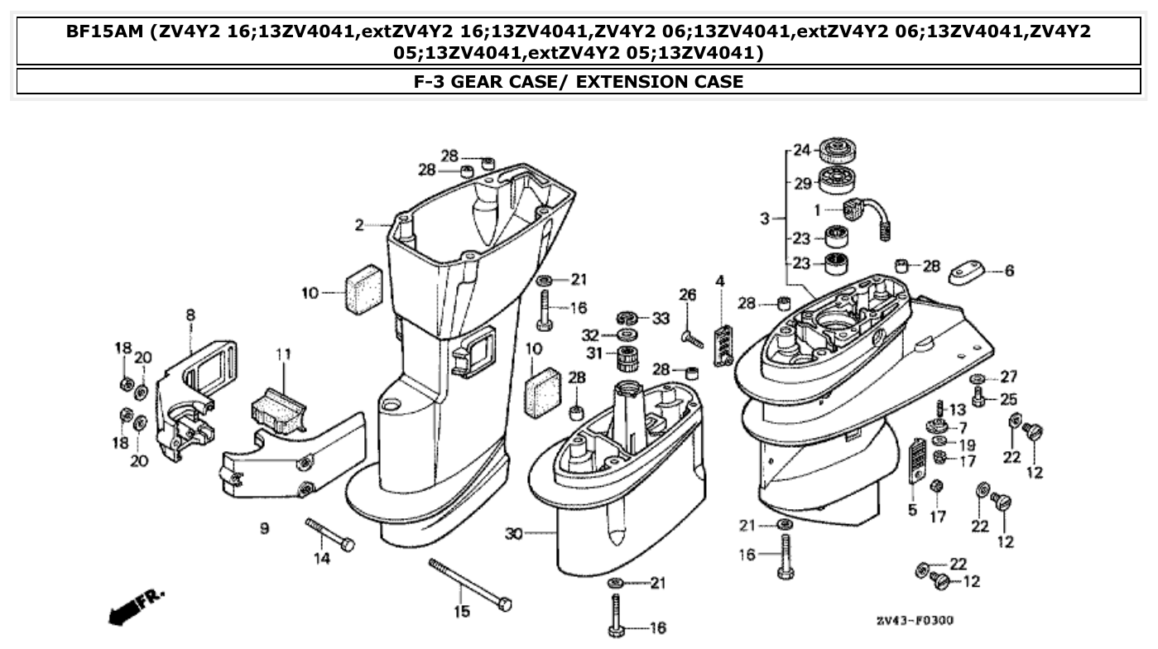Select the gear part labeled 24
click(835, 151)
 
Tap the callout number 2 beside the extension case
click(359, 224)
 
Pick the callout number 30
click(513, 534)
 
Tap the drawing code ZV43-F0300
click(915, 620)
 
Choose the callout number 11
click(284, 354)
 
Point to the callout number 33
click(660, 318)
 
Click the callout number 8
click(190, 315)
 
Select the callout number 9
click(265, 527)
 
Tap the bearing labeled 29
click(835, 181)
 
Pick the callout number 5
click(912, 511)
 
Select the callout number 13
click(958, 410)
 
